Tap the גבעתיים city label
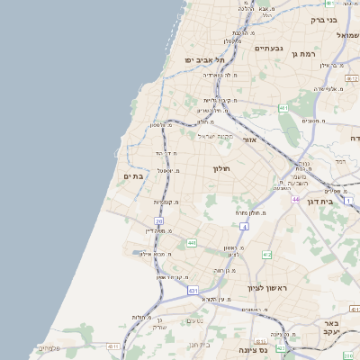tap(269, 49)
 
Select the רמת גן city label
tap(306, 55)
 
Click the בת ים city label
tap(132, 176)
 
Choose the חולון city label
tap(222, 168)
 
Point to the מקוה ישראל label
tap(215, 136)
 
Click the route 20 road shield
tap(159, 220)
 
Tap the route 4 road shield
tap(244, 227)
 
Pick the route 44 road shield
tap(295, 199)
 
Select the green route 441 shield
tap(192, 243)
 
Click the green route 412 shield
tap(267, 255)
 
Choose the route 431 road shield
tap(193, 291)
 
